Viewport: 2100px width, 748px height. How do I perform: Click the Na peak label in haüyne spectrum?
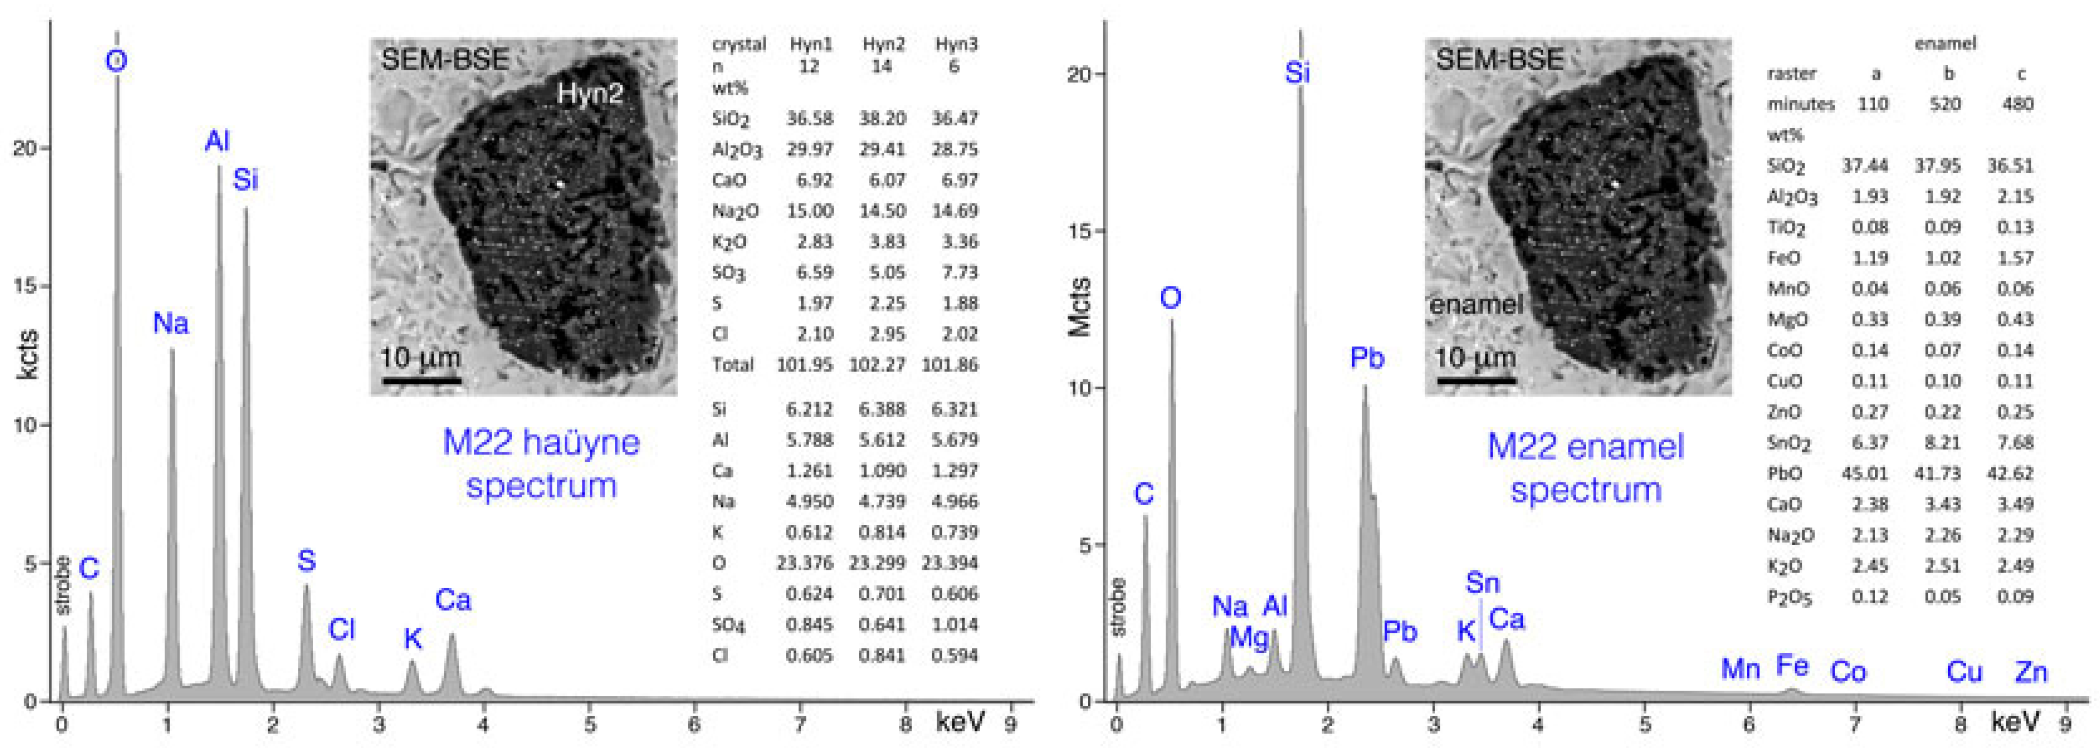pyautogui.click(x=170, y=324)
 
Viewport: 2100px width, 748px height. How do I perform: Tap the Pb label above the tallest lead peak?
pyautogui.click(x=1367, y=358)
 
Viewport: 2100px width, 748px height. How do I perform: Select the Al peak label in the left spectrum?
pyautogui.click(x=217, y=142)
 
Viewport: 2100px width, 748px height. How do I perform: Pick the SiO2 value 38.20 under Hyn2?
pyautogui.click(x=883, y=119)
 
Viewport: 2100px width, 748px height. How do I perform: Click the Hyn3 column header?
pyautogui.click(x=955, y=44)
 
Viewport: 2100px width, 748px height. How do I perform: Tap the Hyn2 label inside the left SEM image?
pyautogui.click(x=589, y=94)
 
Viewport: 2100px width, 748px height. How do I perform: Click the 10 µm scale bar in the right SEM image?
pyautogui.click(x=1476, y=380)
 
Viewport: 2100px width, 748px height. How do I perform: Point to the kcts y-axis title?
pyautogui.click(x=28, y=354)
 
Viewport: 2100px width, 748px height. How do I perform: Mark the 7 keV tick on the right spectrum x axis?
pyautogui.click(x=1854, y=724)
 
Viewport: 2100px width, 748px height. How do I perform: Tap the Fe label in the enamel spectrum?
pyautogui.click(x=1793, y=665)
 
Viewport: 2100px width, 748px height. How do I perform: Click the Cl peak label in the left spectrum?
pyautogui.click(x=341, y=629)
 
